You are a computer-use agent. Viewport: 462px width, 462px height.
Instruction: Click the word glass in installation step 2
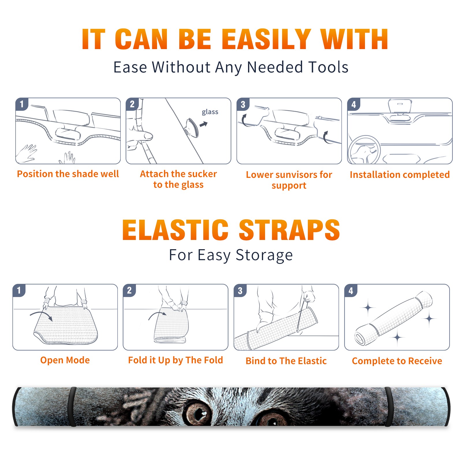tap(210, 112)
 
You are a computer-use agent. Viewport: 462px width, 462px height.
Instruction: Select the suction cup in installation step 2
tap(191, 128)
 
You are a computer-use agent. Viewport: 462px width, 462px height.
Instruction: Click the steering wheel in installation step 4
tap(364, 150)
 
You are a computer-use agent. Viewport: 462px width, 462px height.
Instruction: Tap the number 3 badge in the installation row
tap(243, 104)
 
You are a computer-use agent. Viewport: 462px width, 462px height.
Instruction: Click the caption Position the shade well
tap(68, 174)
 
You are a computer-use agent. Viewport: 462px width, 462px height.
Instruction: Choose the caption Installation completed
tap(400, 174)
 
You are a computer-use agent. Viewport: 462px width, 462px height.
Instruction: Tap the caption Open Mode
tap(65, 360)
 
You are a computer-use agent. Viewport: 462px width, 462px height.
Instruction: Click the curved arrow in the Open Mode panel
tap(41, 314)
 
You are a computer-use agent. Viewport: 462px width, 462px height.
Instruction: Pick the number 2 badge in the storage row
tap(129, 290)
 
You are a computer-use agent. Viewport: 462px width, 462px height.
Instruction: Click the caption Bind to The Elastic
tap(286, 361)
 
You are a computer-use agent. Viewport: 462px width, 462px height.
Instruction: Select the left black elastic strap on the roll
tap(72, 407)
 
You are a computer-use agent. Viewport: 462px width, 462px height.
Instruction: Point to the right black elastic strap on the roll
tap(388, 407)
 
